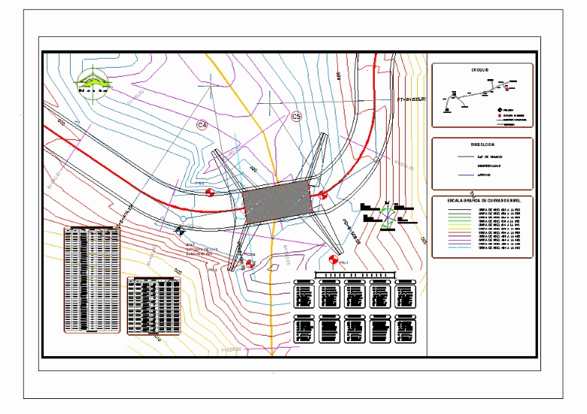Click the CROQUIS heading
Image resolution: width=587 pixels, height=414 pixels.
pyautogui.click(x=480, y=70)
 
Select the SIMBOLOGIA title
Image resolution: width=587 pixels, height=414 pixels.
pyautogui.click(x=482, y=144)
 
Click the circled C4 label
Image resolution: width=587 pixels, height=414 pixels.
pyautogui.click(x=202, y=124)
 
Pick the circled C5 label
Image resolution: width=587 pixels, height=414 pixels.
pyautogui.click(x=297, y=117)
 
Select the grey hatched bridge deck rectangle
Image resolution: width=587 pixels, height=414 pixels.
pyautogui.click(x=276, y=201)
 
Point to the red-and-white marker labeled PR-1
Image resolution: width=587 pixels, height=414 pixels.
pyautogui.click(x=333, y=261)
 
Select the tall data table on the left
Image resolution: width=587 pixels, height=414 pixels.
pyautogui.click(x=92, y=279)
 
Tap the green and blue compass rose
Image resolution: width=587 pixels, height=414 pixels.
pyautogui.click(x=388, y=218)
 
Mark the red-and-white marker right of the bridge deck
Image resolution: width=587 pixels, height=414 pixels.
pyautogui.click(x=323, y=194)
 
